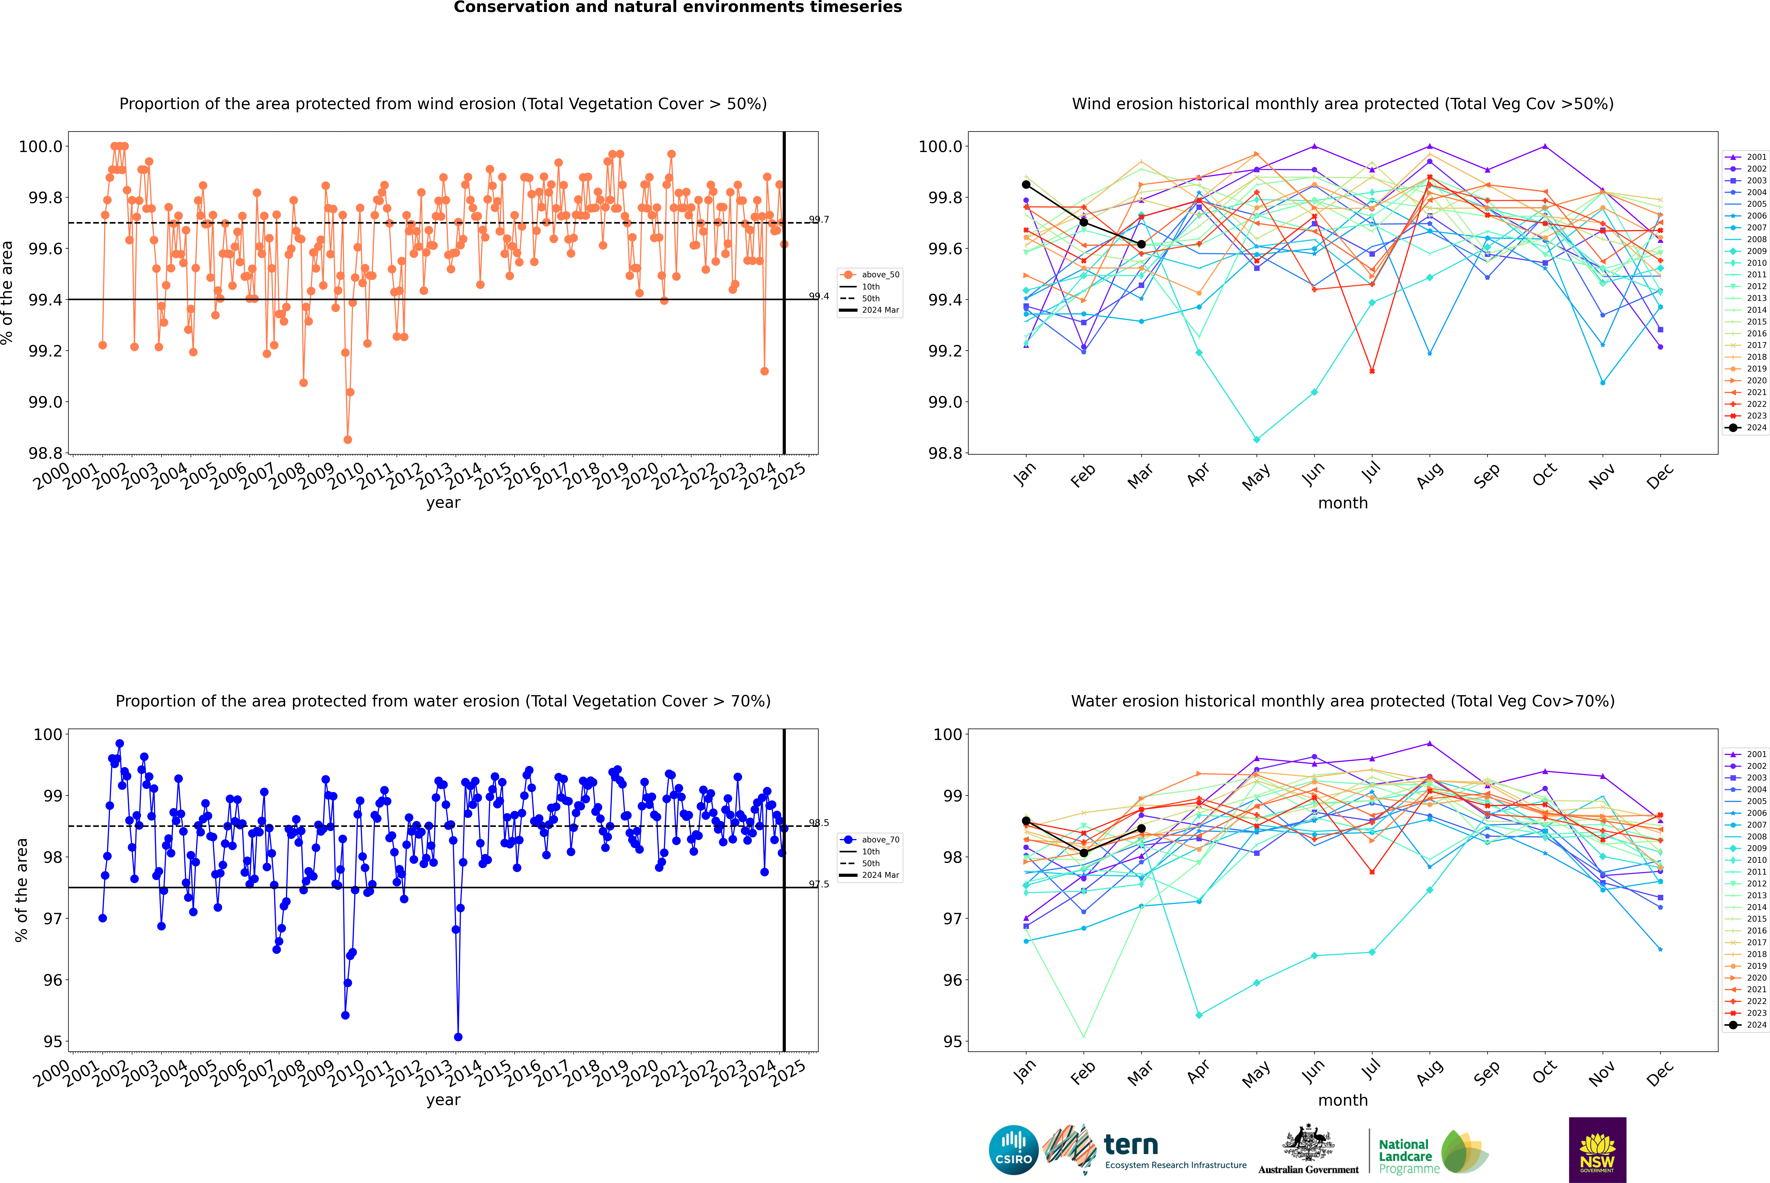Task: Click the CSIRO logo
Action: (x=1013, y=1151)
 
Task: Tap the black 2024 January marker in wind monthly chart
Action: (x=1026, y=184)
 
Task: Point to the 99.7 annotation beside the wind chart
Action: (x=819, y=220)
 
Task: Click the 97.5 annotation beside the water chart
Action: (x=819, y=884)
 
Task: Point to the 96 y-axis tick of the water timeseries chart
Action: (x=53, y=980)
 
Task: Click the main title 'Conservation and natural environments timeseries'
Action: (x=677, y=7)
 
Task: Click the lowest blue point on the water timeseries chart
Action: (x=458, y=1037)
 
